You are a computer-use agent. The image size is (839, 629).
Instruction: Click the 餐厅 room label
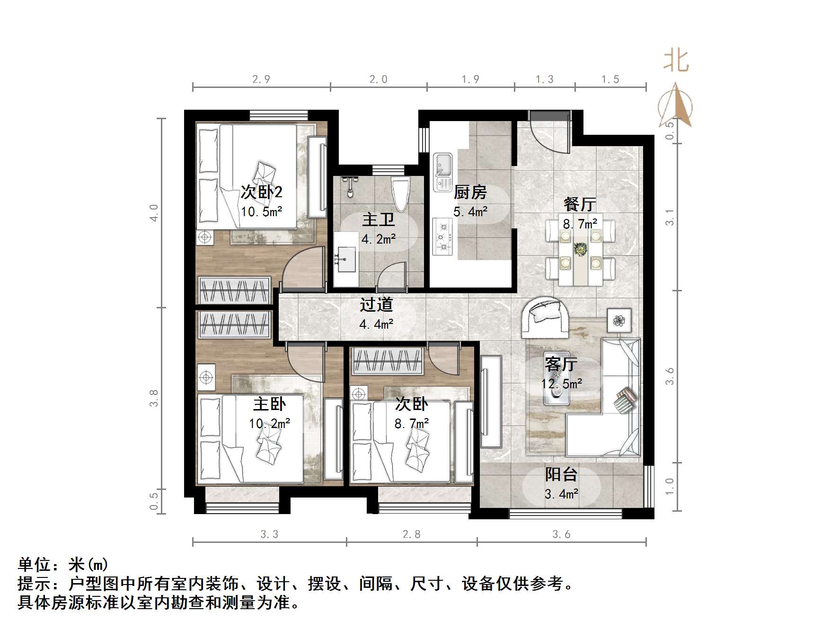click(579, 204)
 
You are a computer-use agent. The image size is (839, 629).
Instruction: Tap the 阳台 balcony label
click(561, 474)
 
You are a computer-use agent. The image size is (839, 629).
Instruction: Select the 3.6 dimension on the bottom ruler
click(561, 534)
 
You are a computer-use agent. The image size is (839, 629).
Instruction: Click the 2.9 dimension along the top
click(261, 79)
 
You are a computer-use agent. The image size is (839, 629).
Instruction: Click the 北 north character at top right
click(676, 61)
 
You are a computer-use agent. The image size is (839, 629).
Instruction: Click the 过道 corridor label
click(376, 305)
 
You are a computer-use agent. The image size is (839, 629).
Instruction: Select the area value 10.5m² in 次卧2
click(261, 211)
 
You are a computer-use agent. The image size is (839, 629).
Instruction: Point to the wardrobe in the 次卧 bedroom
click(387, 361)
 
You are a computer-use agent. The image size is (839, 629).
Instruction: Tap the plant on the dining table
click(580, 248)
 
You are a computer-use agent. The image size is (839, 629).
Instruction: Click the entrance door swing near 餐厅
click(551, 135)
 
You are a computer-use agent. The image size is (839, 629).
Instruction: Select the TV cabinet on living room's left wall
click(491, 402)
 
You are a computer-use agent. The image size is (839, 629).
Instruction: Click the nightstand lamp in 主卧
click(206, 377)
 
